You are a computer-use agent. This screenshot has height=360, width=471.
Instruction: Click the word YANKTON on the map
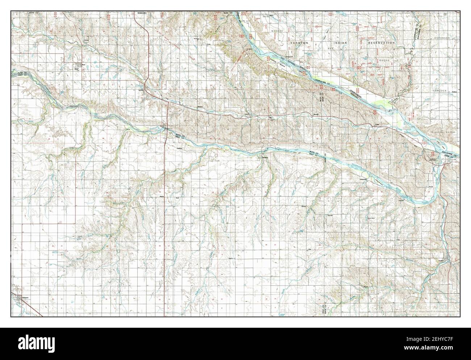299,43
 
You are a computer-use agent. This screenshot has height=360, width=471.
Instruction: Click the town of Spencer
141,90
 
